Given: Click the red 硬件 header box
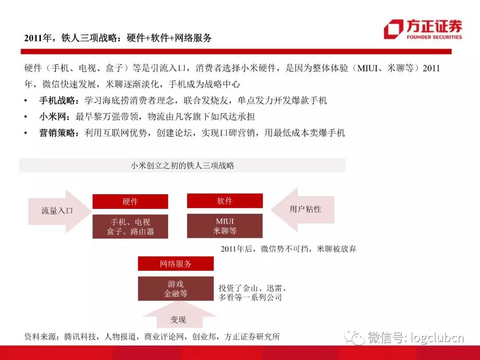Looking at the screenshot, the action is (x=130, y=201).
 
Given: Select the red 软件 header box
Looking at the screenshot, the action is (x=225, y=201).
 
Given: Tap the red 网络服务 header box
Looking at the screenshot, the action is (x=176, y=264).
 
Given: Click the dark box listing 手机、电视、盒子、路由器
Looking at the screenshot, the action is (x=130, y=227).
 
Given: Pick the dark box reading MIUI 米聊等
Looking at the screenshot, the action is (x=225, y=226).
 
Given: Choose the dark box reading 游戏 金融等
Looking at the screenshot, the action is (x=176, y=289).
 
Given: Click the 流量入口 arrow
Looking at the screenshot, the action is (x=60, y=211).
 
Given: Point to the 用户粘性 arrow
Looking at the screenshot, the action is (x=303, y=210).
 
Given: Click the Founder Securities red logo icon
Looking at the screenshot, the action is (x=393, y=29).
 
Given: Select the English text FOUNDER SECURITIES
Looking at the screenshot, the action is (x=434, y=37).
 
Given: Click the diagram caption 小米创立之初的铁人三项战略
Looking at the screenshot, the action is (x=183, y=166).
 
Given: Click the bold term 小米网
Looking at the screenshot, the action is (x=52, y=116).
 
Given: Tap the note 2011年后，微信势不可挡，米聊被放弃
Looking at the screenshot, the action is (x=288, y=249).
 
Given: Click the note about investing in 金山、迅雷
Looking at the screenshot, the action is (x=253, y=292).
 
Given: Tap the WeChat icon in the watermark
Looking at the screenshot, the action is (x=355, y=337).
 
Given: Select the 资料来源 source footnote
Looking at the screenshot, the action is (x=152, y=337).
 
